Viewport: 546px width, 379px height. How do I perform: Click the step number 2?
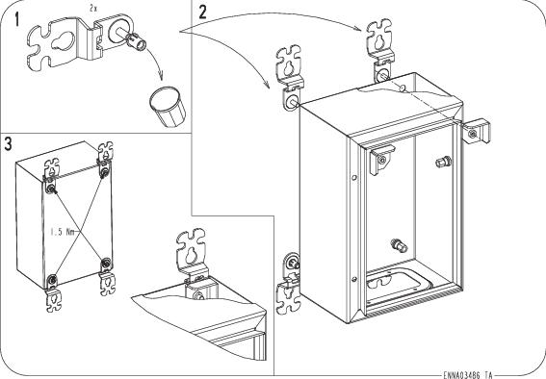coord(202,13)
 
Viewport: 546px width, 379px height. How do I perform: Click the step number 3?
coord(8,143)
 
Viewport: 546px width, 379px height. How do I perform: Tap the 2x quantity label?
coord(93,9)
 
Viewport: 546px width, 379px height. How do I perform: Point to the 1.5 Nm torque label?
coord(63,232)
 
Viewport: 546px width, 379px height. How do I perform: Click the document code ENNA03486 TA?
coord(468,375)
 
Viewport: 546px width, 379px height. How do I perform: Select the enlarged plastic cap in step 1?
coord(168,107)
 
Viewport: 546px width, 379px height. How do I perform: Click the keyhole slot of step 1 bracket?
coord(64,40)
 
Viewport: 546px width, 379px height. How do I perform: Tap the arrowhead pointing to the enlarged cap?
coord(160,76)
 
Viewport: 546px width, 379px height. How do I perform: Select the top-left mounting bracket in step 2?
coord(290,77)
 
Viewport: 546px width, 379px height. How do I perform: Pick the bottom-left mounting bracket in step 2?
coord(289,284)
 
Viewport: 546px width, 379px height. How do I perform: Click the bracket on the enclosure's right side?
coord(476,131)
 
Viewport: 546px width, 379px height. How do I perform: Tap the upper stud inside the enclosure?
coord(443,162)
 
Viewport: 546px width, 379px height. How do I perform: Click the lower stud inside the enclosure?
coord(399,244)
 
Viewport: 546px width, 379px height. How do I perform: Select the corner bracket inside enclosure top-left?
coord(381,159)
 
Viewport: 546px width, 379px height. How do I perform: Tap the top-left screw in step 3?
coord(51,189)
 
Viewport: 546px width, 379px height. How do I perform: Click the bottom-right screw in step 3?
coord(106,263)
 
